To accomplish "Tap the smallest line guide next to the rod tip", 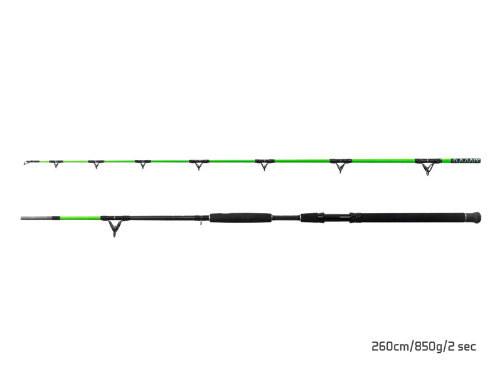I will [x=55, y=164].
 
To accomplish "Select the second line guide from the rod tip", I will [x=95, y=164].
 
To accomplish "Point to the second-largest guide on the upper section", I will [x=340, y=165].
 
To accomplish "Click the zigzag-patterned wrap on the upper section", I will [x=466, y=160].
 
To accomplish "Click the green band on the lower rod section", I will [x=75, y=218].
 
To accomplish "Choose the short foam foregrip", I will [x=240, y=218].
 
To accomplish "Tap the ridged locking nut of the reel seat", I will [x=356, y=218].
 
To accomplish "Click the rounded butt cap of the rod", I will [x=475, y=217].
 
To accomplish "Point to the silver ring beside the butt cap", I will [x=465, y=217].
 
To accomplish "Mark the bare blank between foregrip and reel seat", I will [x=286, y=218].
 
